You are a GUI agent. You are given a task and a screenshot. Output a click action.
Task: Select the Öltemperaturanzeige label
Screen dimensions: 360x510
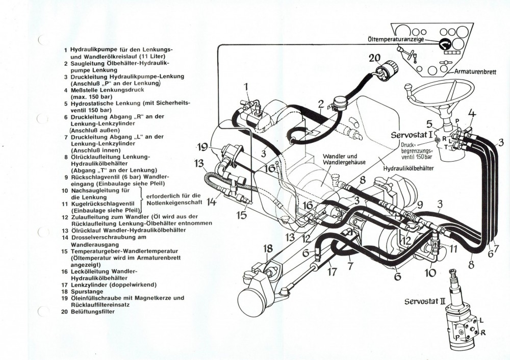coord(395,39)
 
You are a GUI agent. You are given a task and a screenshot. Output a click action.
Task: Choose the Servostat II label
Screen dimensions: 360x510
coord(424,301)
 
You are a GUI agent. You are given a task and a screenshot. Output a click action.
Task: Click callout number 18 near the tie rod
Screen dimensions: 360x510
coord(268,248)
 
